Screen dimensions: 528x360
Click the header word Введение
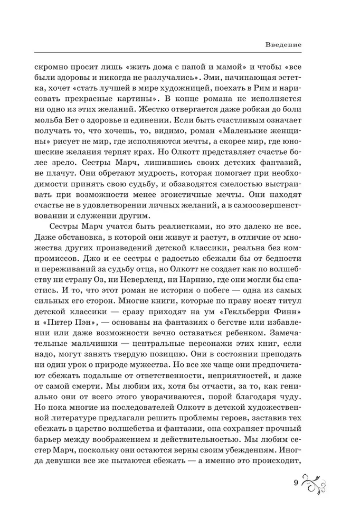[x=283, y=45]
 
